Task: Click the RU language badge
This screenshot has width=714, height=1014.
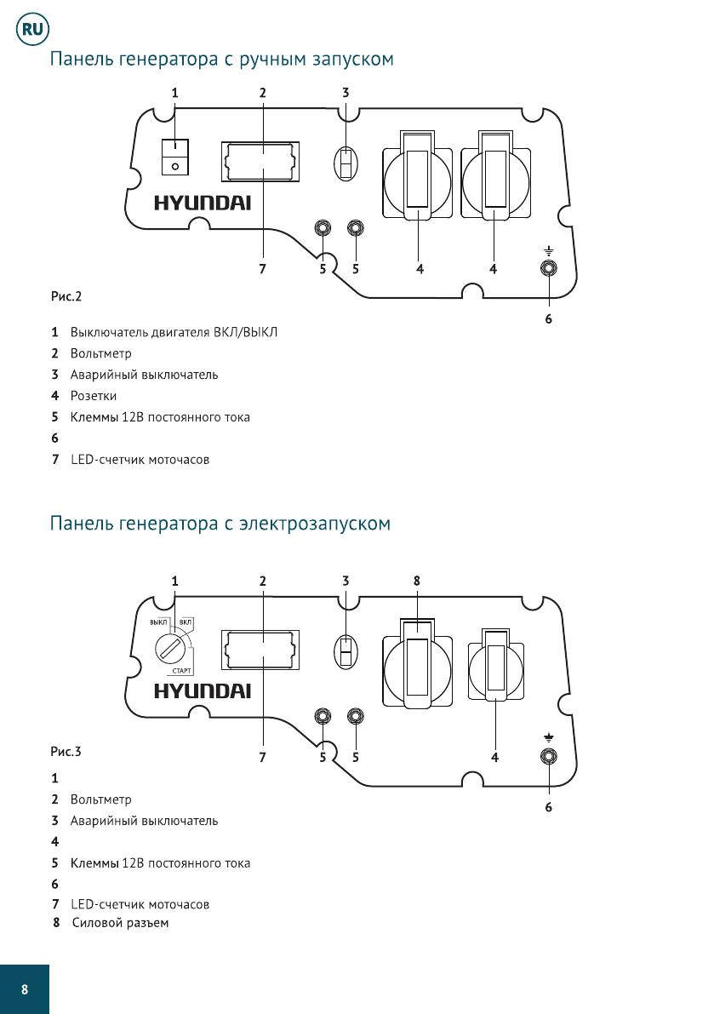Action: pos(32,31)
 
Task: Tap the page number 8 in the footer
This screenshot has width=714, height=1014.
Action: pos(25,989)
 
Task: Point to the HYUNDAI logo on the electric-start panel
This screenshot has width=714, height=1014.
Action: pos(202,690)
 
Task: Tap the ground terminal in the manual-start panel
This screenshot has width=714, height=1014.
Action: pos(549,268)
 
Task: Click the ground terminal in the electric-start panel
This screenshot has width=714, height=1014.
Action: pos(549,755)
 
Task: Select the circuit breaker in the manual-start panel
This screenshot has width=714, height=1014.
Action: pos(346,162)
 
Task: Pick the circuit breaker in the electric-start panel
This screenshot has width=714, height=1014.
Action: pos(346,652)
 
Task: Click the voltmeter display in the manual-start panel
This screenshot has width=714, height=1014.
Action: pos(261,162)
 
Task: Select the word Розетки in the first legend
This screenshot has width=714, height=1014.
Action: pos(94,396)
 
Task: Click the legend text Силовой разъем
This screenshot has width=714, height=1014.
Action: pos(121,923)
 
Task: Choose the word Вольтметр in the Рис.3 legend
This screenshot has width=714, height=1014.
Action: pos(101,799)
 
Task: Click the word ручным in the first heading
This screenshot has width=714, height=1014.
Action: pos(253,60)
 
